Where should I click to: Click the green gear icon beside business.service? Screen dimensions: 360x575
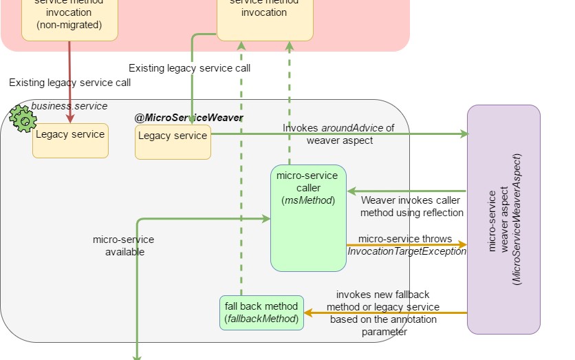tap(23, 120)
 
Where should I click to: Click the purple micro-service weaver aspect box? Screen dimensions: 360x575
tap(503, 219)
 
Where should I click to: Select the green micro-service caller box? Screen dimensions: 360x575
tap(308, 218)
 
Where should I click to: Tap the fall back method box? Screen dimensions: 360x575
tap(261, 313)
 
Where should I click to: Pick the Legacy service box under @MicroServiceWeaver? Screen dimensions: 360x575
tap(173, 141)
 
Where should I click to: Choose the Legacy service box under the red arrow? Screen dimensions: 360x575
tap(70, 140)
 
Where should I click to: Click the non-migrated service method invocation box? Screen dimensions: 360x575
tap(69, 17)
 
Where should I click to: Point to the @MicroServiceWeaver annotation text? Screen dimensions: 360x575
tap(188, 118)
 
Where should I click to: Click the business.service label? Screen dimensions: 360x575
tap(69, 106)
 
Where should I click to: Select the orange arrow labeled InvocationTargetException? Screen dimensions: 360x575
tap(406, 244)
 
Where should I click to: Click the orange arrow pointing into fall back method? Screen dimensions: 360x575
tap(385, 313)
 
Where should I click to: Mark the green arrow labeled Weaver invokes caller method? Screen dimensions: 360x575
tap(406, 191)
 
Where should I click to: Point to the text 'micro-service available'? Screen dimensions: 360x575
tap(124, 246)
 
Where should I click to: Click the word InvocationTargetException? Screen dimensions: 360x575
tap(406, 251)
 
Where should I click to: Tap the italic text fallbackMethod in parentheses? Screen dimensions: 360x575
tap(261, 319)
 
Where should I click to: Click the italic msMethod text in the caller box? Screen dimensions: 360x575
tap(308, 200)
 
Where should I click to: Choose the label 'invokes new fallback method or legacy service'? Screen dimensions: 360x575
tap(383, 300)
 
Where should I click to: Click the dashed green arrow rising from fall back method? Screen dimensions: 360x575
tap(241, 172)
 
